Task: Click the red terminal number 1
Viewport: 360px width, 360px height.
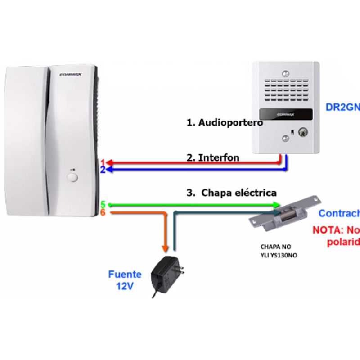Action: coord(103,162)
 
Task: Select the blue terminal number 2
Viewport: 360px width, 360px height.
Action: coord(103,170)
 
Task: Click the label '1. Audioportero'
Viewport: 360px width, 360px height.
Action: coord(225,122)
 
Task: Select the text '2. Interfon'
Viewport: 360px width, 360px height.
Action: coord(213,158)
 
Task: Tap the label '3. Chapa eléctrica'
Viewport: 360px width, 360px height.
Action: coord(232,193)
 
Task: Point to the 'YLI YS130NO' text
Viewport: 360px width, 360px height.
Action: coord(279,255)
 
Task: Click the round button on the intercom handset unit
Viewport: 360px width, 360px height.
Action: coord(72,176)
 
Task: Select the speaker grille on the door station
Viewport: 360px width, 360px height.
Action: coord(285,93)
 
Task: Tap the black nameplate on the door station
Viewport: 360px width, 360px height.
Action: coord(285,114)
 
